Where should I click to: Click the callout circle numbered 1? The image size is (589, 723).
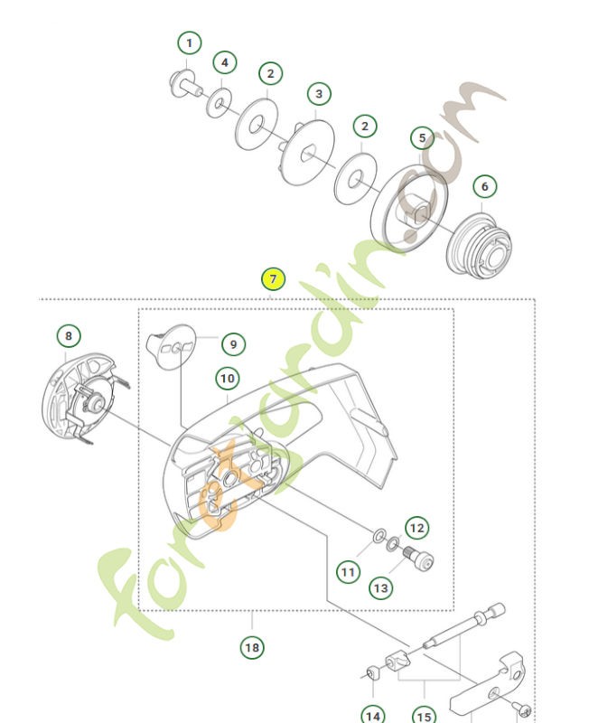click(189, 43)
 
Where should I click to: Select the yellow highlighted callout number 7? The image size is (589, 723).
click(274, 279)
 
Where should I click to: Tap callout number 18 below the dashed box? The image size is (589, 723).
click(252, 647)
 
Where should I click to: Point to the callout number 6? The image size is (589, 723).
click(484, 187)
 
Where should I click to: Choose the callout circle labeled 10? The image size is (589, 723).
click(227, 378)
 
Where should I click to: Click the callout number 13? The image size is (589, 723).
click(381, 587)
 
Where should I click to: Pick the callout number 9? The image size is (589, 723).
click(232, 344)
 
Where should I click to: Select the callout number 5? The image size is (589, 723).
click(422, 138)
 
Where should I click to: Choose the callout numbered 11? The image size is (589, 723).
click(349, 571)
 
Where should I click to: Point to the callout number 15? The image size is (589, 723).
click(424, 716)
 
